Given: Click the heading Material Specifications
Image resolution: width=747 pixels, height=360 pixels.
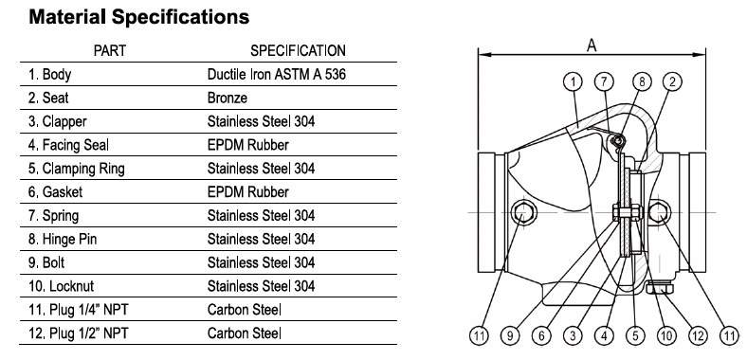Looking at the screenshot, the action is tap(139, 17).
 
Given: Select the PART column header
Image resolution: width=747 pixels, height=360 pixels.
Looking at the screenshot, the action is tap(110, 50).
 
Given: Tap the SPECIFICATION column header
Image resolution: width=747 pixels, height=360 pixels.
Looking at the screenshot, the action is tap(298, 50).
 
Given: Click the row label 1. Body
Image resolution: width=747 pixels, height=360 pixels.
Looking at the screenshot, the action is tap(49, 74).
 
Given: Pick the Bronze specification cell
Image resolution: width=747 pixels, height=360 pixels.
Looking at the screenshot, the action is tap(228, 99).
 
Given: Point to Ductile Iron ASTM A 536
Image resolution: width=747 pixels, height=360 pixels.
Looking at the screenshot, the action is tap(277, 74).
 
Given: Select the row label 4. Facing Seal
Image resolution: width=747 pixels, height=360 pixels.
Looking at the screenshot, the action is tap(68, 145).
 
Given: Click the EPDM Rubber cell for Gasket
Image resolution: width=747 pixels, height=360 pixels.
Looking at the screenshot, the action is tap(248, 192).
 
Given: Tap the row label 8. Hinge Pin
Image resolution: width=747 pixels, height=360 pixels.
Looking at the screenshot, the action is tap(63, 239).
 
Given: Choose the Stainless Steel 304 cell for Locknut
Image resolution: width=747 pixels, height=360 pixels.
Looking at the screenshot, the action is tap(261, 286).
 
